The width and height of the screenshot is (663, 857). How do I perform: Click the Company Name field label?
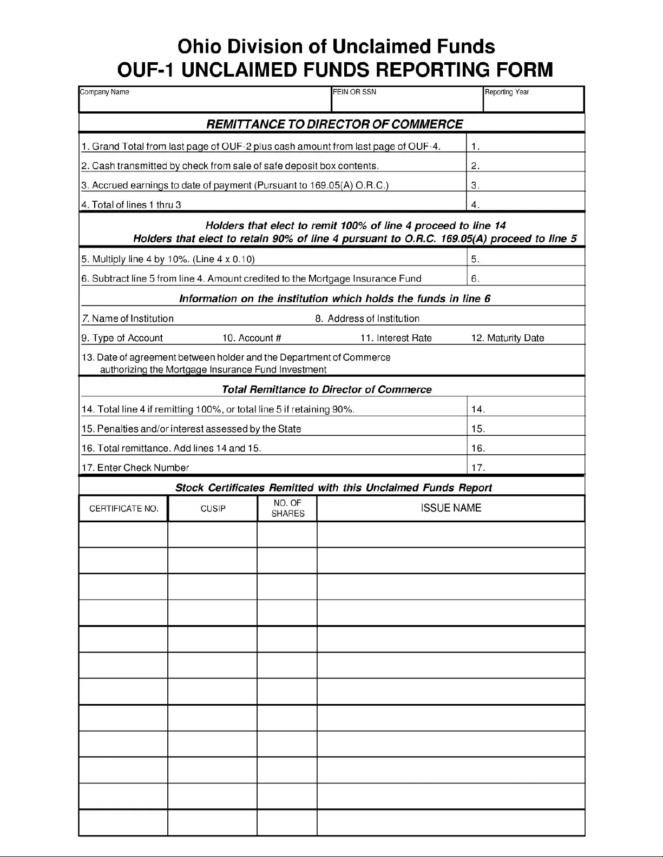104,92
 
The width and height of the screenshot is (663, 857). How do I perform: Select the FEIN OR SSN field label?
355,92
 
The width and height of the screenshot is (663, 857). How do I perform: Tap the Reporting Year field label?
507,92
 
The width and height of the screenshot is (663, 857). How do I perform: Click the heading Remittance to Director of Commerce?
334,124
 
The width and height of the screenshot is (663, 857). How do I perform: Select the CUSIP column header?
213,509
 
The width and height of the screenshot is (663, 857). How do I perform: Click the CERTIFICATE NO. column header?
123,509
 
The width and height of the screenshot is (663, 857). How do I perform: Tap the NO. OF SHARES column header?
287,508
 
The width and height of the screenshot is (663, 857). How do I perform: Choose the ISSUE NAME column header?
451,508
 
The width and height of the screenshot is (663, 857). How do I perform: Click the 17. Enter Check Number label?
135,468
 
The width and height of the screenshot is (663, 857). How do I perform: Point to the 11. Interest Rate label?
396,338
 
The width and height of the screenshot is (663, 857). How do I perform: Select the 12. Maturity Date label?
508,338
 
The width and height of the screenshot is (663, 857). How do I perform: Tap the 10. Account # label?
252,338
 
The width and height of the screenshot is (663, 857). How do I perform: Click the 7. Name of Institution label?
128,318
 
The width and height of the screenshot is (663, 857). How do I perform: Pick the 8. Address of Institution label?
367,318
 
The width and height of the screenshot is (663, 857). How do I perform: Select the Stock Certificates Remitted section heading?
333,488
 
